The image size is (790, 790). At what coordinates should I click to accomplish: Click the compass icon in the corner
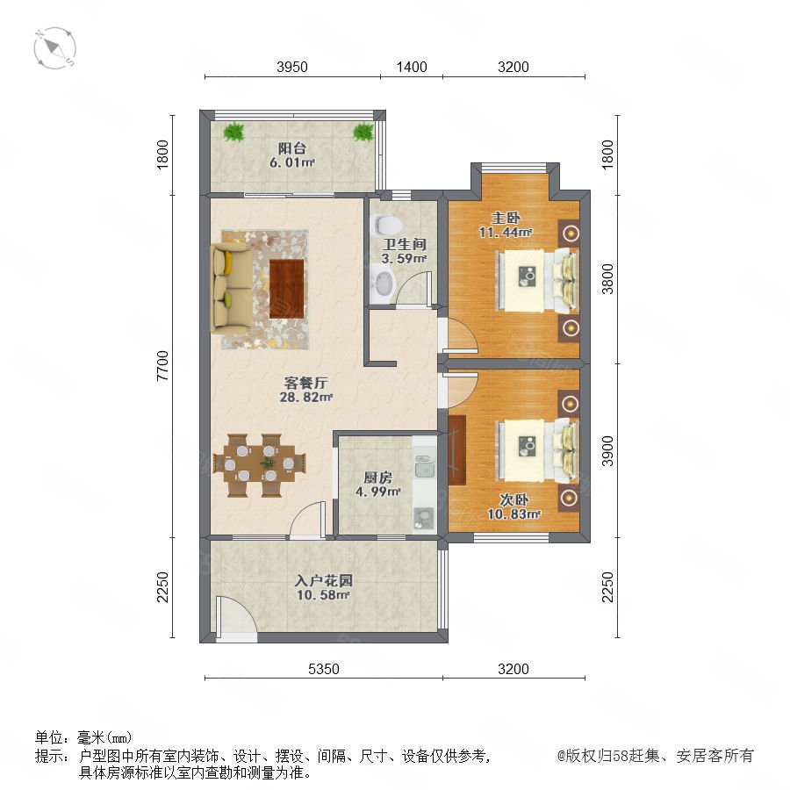(x=55, y=48)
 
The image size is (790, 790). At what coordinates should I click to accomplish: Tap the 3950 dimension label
(x=292, y=67)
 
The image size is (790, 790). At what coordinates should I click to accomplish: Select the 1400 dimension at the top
(x=412, y=67)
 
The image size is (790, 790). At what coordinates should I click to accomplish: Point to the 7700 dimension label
(x=162, y=365)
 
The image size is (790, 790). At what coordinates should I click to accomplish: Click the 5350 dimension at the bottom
(x=323, y=669)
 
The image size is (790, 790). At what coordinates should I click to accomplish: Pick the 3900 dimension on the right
(x=607, y=451)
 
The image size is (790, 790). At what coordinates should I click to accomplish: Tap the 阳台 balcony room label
(x=292, y=148)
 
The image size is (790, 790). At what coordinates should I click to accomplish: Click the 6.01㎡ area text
(x=292, y=162)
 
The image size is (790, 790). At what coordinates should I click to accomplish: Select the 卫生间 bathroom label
(x=405, y=244)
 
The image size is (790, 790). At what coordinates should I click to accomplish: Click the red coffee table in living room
(x=287, y=289)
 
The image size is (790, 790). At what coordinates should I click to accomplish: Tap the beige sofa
(x=231, y=288)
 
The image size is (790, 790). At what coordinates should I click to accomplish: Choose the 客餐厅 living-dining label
(x=305, y=383)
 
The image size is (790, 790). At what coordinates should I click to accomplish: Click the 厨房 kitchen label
(x=377, y=478)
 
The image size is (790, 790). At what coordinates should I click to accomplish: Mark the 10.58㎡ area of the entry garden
(x=323, y=595)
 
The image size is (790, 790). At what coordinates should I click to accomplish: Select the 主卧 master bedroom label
(x=506, y=219)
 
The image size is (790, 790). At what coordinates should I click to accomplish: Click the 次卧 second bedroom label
(x=513, y=499)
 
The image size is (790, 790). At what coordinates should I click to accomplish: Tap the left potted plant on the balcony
(x=233, y=132)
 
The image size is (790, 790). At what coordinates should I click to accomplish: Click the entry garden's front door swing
(x=236, y=614)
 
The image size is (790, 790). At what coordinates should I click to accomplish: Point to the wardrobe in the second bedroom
(x=456, y=450)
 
